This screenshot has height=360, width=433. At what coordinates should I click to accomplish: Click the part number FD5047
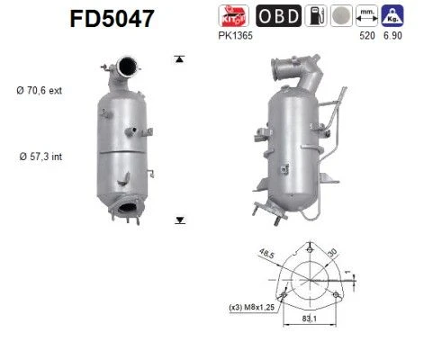(112, 19)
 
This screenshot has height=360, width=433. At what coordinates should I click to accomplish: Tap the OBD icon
(279, 16)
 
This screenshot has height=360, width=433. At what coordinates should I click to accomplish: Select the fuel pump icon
(316, 16)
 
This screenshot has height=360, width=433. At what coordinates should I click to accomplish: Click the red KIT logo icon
(234, 16)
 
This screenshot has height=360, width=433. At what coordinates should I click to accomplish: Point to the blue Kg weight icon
(392, 16)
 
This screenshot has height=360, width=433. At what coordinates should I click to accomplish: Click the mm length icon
(366, 16)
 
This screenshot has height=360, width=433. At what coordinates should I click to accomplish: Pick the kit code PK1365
(235, 36)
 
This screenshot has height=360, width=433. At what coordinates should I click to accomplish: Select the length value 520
(367, 36)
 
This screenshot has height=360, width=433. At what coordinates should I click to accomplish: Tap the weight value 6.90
(392, 36)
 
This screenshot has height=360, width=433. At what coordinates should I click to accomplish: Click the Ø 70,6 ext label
(40, 90)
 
